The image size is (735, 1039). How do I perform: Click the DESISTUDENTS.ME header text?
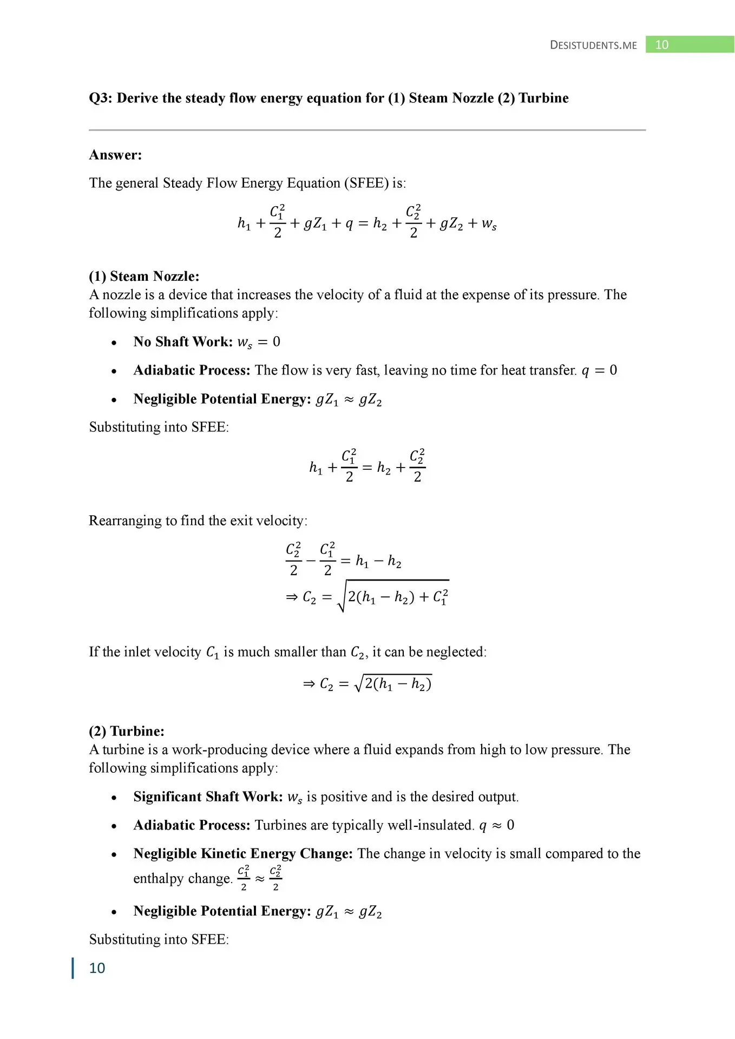[x=593, y=45]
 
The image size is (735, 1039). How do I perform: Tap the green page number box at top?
[x=689, y=44]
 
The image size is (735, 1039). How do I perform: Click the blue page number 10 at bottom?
[x=97, y=968]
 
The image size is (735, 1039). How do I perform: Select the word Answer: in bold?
[x=115, y=155]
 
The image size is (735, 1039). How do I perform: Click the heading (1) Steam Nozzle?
[x=144, y=277]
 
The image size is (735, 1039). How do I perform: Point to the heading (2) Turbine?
[x=127, y=731]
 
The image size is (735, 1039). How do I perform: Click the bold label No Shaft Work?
[x=183, y=342]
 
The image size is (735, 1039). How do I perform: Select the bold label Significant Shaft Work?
[x=208, y=797]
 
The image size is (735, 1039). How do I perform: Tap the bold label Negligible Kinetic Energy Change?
[x=243, y=853]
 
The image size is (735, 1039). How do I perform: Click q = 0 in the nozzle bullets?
[x=599, y=370]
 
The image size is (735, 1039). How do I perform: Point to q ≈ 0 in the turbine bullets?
[x=496, y=825]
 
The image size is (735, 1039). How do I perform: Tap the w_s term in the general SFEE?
[x=489, y=223]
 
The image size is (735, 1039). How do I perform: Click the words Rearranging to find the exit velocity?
[x=198, y=521]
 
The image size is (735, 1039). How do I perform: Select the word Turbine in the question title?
[x=543, y=98]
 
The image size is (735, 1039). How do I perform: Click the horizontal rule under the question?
[x=367, y=130]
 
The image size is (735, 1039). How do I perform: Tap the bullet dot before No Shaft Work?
[x=114, y=343]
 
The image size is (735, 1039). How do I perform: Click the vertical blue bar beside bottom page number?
[x=73, y=968]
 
